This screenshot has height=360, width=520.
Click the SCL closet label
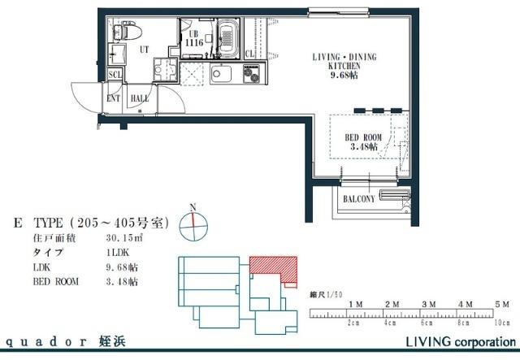(x=115, y=75)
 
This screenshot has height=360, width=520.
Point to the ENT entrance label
(x=114, y=98)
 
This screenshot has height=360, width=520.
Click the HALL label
(x=139, y=98)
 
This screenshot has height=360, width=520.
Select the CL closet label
(x=249, y=54)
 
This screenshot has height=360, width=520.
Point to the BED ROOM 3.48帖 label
(x=363, y=142)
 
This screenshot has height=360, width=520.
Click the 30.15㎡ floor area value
(x=124, y=239)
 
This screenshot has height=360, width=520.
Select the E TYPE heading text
(x=89, y=223)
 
